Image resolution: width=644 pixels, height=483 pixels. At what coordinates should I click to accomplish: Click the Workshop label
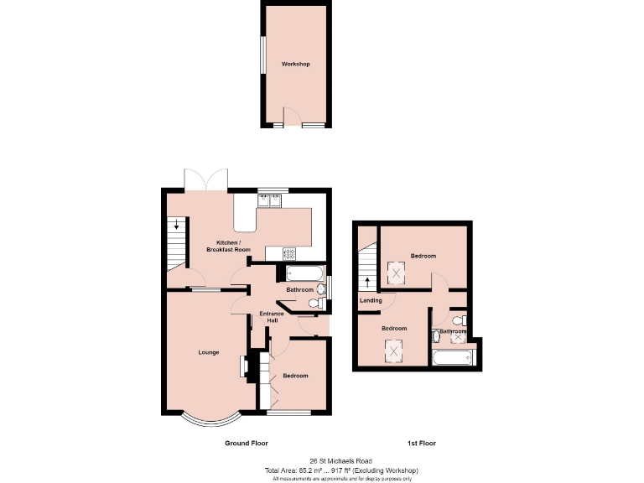click(295, 64)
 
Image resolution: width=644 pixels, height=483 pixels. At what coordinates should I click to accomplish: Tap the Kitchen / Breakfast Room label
click(229, 246)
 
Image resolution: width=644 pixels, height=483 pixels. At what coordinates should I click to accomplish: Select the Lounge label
click(209, 352)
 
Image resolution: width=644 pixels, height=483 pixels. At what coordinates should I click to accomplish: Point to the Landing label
click(371, 300)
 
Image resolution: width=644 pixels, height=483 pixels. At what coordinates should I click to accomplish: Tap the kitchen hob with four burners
click(289, 252)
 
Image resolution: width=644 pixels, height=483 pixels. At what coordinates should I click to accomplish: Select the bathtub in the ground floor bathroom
click(304, 273)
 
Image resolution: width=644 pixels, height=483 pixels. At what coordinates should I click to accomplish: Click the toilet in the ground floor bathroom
click(316, 303)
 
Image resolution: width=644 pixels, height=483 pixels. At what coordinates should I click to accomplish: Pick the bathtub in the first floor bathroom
click(453, 359)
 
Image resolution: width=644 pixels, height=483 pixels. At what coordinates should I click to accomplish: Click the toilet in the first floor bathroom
click(458, 320)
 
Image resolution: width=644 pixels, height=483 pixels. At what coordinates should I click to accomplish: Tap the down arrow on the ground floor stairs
click(177, 225)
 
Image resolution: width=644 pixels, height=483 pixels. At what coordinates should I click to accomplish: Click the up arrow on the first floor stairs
click(366, 281)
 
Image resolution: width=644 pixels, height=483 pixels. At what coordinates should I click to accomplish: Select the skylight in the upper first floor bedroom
click(396, 273)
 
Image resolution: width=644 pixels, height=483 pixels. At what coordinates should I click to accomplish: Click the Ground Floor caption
click(246, 443)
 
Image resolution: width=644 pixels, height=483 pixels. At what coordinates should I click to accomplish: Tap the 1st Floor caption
click(421, 443)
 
